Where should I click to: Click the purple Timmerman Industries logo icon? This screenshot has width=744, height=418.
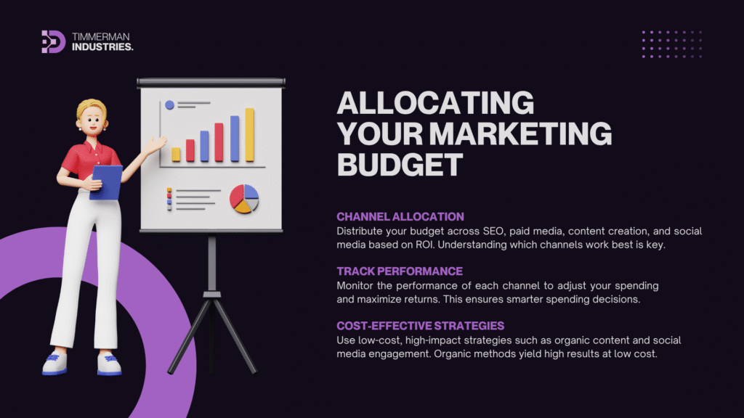click(x=53, y=41)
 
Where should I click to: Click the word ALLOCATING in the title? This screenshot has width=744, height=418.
click(x=436, y=103)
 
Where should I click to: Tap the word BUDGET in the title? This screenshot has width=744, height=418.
click(x=400, y=165)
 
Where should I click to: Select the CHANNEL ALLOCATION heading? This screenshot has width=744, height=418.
click(x=400, y=216)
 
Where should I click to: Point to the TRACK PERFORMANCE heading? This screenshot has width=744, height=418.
click(x=400, y=271)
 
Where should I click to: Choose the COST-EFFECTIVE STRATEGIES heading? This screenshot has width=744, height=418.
click(x=421, y=326)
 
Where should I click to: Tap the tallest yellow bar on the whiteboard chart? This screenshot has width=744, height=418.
click(x=250, y=135)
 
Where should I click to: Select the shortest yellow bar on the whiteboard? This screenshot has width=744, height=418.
click(x=176, y=155)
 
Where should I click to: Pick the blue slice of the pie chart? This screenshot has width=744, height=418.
click(x=251, y=192)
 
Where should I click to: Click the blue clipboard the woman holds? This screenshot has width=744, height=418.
click(x=106, y=182)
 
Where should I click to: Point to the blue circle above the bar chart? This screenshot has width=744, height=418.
click(x=169, y=105)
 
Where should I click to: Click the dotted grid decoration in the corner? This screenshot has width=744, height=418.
click(x=671, y=44)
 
